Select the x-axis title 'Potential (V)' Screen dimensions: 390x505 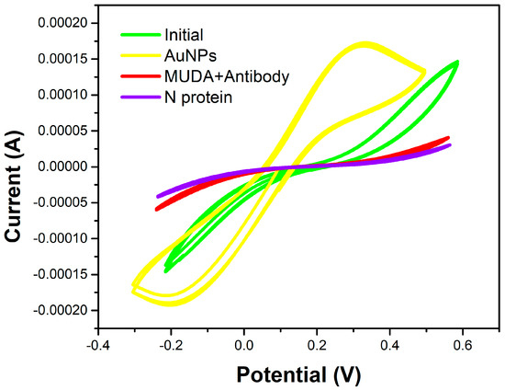[x=297, y=374]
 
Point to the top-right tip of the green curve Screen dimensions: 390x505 [x=456, y=63]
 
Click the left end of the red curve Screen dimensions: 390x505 [x=157, y=209]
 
